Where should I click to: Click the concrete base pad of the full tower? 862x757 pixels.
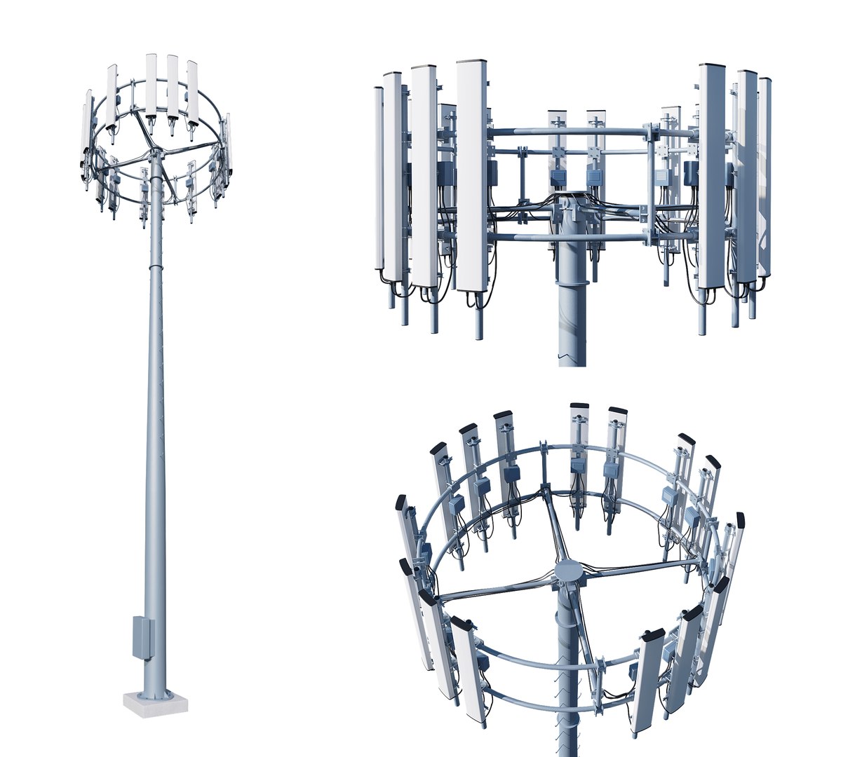156,703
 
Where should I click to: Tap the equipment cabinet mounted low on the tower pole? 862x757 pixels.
142,636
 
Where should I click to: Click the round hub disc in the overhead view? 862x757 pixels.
568,572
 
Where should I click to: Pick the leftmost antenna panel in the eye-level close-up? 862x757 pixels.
379,179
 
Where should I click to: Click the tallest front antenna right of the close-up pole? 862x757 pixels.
711,175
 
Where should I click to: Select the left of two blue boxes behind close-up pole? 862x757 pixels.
558,179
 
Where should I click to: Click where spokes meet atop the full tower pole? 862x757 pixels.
152,152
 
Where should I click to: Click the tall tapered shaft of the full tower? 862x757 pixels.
154,421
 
